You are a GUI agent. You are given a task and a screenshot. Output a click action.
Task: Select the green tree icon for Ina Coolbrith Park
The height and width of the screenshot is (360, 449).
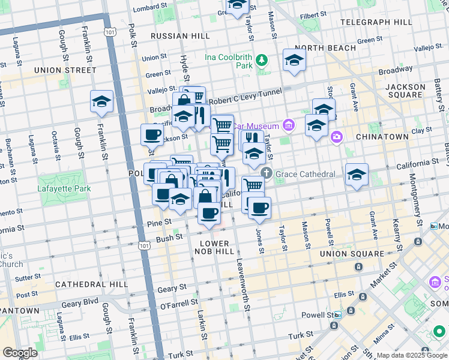tap(262, 60)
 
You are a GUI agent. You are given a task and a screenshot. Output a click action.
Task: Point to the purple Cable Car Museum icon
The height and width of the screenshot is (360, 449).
tap(289, 125)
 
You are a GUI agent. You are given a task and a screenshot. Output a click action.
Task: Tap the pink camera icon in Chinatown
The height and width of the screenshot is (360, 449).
tap(336, 137)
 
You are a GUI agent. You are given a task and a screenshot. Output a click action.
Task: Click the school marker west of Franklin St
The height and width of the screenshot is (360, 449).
tap(101, 102)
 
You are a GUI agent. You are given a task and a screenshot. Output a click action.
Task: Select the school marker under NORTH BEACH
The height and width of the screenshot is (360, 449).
tap(294, 61)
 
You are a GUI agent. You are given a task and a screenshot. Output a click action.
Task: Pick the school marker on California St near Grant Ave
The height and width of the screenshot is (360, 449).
tap(357, 175)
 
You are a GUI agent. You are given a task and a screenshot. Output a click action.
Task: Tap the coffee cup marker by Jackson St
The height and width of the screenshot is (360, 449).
tap(152, 134)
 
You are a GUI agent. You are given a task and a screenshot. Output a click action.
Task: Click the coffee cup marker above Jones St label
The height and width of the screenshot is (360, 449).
tap(259, 208)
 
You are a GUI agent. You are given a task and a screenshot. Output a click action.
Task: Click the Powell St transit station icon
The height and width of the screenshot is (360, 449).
tap(337, 314)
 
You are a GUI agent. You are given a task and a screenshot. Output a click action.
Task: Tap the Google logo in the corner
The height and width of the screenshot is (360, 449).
tap(20, 353)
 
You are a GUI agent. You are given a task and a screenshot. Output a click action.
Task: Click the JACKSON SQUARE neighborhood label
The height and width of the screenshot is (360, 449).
tap(405, 91)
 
